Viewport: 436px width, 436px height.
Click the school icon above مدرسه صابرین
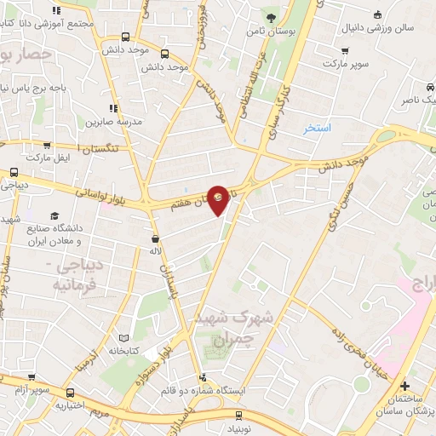[x=112, y=108]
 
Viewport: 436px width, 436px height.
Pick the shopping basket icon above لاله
[x=155, y=239]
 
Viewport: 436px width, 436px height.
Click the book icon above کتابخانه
[x=125, y=338]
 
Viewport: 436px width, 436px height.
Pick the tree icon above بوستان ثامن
[x=271, y=16]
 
